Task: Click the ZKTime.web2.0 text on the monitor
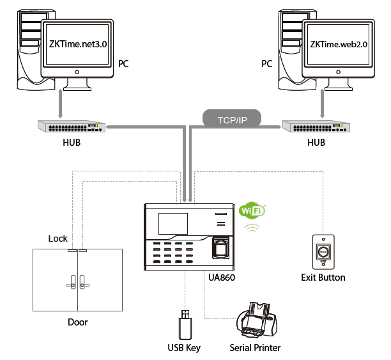341,45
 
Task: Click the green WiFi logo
252,212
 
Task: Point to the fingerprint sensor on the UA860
222,248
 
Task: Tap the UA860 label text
222,278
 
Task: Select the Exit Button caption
323,278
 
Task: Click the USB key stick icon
185,325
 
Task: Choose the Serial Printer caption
255,348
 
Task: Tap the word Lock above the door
58,239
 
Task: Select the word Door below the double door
77,322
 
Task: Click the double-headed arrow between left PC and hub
61,104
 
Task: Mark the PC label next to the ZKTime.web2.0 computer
267,64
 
